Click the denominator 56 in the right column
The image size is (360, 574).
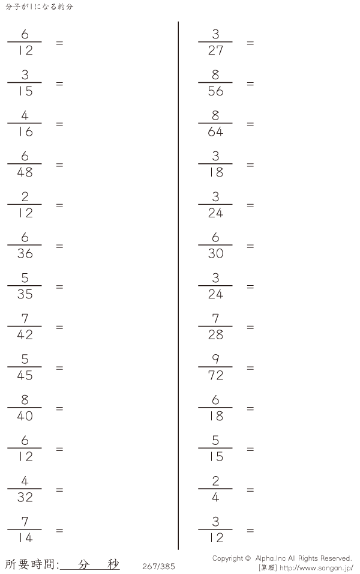coord(215,91)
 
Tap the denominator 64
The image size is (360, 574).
coord(215,131)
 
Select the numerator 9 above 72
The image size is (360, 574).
coord(215,359)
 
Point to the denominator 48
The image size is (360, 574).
coord(25,172)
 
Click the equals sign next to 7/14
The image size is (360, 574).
coord(59,530)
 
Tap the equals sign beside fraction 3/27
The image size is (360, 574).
coord(250,43)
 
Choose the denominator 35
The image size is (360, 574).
coord(25,294)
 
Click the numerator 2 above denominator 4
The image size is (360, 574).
coord(215,481)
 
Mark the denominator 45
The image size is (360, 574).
coord(25,376)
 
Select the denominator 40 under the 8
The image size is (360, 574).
coord(25,416)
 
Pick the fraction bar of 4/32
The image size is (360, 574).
coord(25,489)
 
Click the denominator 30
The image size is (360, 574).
coord(215,254)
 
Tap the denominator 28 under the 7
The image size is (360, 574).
coord(215,335)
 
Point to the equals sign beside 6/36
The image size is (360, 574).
coord(59,246)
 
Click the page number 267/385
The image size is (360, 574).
coord(158,566)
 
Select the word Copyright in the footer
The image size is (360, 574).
coord(227,558)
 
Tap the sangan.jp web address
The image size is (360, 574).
coord(316,568)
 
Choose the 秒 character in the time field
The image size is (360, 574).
coord(113,564)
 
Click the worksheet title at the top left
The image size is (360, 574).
coord(39,7)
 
